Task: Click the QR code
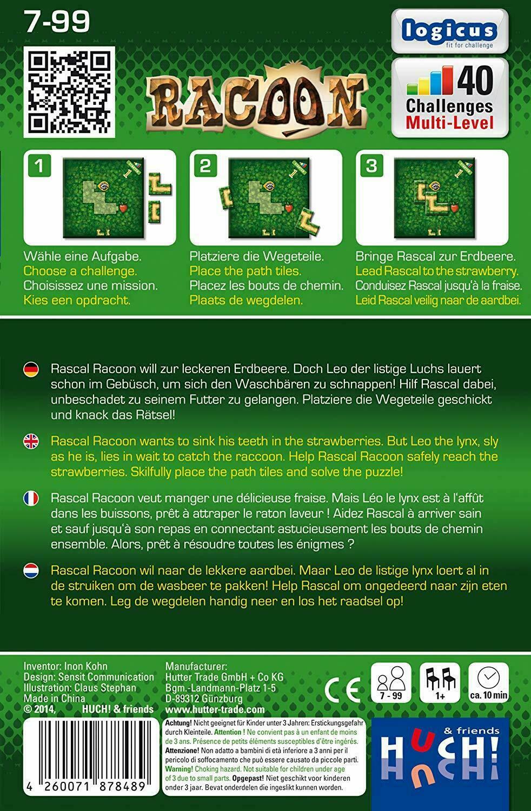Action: [69, 92]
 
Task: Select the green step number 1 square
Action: [39, 166]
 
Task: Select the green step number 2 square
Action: [205, 166]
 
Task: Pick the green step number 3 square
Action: [371, 166]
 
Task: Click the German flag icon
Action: [31, 370]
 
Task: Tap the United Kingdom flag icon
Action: [31, 441]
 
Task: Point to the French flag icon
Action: [31, 498]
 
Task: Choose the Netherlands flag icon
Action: [31, 570]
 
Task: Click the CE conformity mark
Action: [342, 689]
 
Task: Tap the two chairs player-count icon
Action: [440, 678]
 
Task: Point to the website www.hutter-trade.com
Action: [215, 709]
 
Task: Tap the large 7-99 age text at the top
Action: [57, 22]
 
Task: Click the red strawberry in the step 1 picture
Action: [123, 208]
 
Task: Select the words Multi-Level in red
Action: [449, 122]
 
